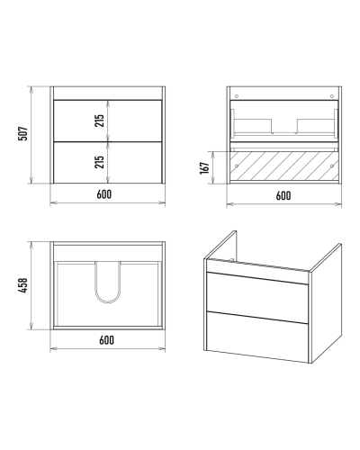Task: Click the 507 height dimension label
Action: [23, 133]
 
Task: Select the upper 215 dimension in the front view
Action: [100, 121]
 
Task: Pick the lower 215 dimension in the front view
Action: [100, 162]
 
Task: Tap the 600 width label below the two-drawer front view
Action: [104, 194]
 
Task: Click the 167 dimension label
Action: [204, 168]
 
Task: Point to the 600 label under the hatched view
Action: [283, 195]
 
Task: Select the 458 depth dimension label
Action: [23, 285]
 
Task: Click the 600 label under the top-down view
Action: [106, 340]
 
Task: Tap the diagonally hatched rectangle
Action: [284, 166]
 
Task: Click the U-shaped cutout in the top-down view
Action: [108, 301]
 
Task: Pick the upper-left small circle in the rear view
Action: [237, 96]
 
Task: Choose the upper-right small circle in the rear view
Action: [332, 96]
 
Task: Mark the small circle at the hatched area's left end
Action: [237, 166]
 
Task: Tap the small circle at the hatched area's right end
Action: [332, 166]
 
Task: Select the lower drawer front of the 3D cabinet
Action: [257, 337]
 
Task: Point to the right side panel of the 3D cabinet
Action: [327, 303]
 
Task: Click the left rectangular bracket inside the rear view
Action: [253, 126]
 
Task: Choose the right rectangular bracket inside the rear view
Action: [316, 126]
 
